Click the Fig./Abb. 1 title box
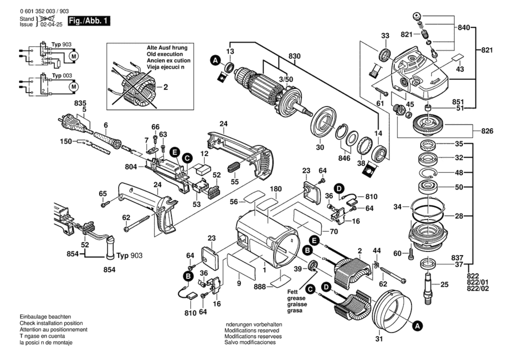(89, 21)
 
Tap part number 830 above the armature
(294, 56)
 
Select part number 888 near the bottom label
(260, 287)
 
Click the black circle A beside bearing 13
(215, 61)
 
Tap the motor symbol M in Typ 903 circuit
(74, 56)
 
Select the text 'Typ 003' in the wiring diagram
(62, 76)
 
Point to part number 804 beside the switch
(131, 167)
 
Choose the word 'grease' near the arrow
(296, 298)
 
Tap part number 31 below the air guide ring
(379, 339)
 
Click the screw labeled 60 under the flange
(411, 253)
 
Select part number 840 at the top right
(464, 28)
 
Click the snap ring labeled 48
(428, 173)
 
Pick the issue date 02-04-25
(51, 25)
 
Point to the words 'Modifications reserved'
(252, 330)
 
